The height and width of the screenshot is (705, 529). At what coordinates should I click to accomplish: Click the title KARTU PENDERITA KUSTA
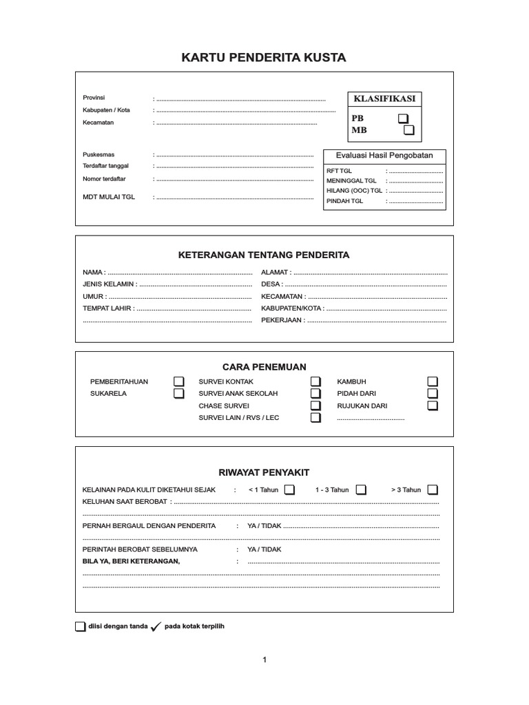pos(264,58)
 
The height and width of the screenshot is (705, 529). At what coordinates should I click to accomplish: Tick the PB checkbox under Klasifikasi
pos(403,118)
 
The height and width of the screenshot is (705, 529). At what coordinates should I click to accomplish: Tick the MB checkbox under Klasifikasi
pos(409,129)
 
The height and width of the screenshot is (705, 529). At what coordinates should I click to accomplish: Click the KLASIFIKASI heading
pos(384,99)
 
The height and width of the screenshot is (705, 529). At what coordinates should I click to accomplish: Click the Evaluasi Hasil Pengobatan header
pos(384,156)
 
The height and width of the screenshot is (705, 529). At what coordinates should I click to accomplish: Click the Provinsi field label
pos(94,98)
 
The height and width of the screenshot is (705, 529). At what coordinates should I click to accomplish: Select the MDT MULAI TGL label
pos(109,196)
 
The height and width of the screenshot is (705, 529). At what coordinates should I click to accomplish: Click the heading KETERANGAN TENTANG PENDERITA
pos(264,255)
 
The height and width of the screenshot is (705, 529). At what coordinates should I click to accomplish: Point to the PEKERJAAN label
pos(282,320)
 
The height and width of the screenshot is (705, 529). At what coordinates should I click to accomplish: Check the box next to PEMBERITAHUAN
pos(178,381)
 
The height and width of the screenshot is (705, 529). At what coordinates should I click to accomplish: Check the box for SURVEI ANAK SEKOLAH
pos(315,394)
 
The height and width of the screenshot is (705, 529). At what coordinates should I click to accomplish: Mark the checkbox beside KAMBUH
pos(433,381)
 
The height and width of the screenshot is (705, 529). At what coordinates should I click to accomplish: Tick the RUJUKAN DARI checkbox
pos(433,406)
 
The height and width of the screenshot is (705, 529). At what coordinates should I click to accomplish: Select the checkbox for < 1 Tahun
pos(289,490)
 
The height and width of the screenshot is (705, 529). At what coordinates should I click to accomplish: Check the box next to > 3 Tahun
pos(433,490)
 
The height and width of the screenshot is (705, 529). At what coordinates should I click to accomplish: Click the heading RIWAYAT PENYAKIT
pos(264,472)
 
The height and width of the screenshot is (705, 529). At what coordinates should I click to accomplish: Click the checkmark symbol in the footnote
pos(156,627)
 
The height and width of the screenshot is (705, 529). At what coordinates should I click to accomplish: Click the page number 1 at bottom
pos(264,660)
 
